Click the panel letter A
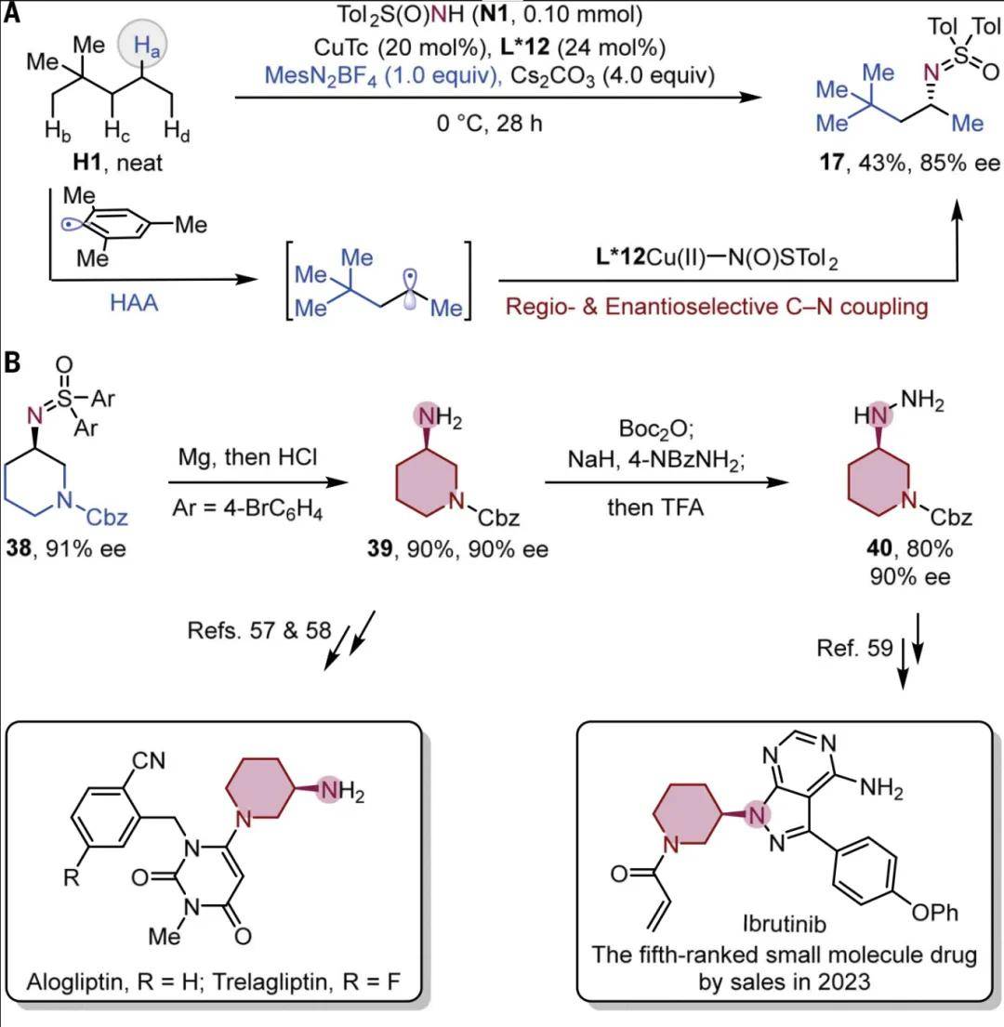point(11,12)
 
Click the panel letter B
point(12,362)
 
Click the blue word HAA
point(134,303)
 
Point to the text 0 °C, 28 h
point(489,123)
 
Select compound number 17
point(832,162)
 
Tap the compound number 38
point(19,547)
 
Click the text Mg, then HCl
point(247,456)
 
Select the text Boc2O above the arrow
point(655,429)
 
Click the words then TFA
point(655,507)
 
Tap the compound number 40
point(878,547)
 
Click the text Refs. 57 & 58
point(259,630)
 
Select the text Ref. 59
point(854,648)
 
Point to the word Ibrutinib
point(784,924)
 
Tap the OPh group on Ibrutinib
point(935,913)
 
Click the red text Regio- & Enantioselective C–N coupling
point(717,307)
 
